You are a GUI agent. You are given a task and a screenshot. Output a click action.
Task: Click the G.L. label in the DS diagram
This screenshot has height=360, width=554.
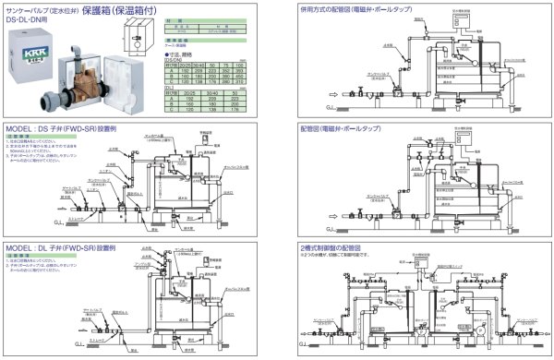12,222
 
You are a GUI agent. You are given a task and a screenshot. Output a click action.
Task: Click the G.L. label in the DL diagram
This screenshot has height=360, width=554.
12,343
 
